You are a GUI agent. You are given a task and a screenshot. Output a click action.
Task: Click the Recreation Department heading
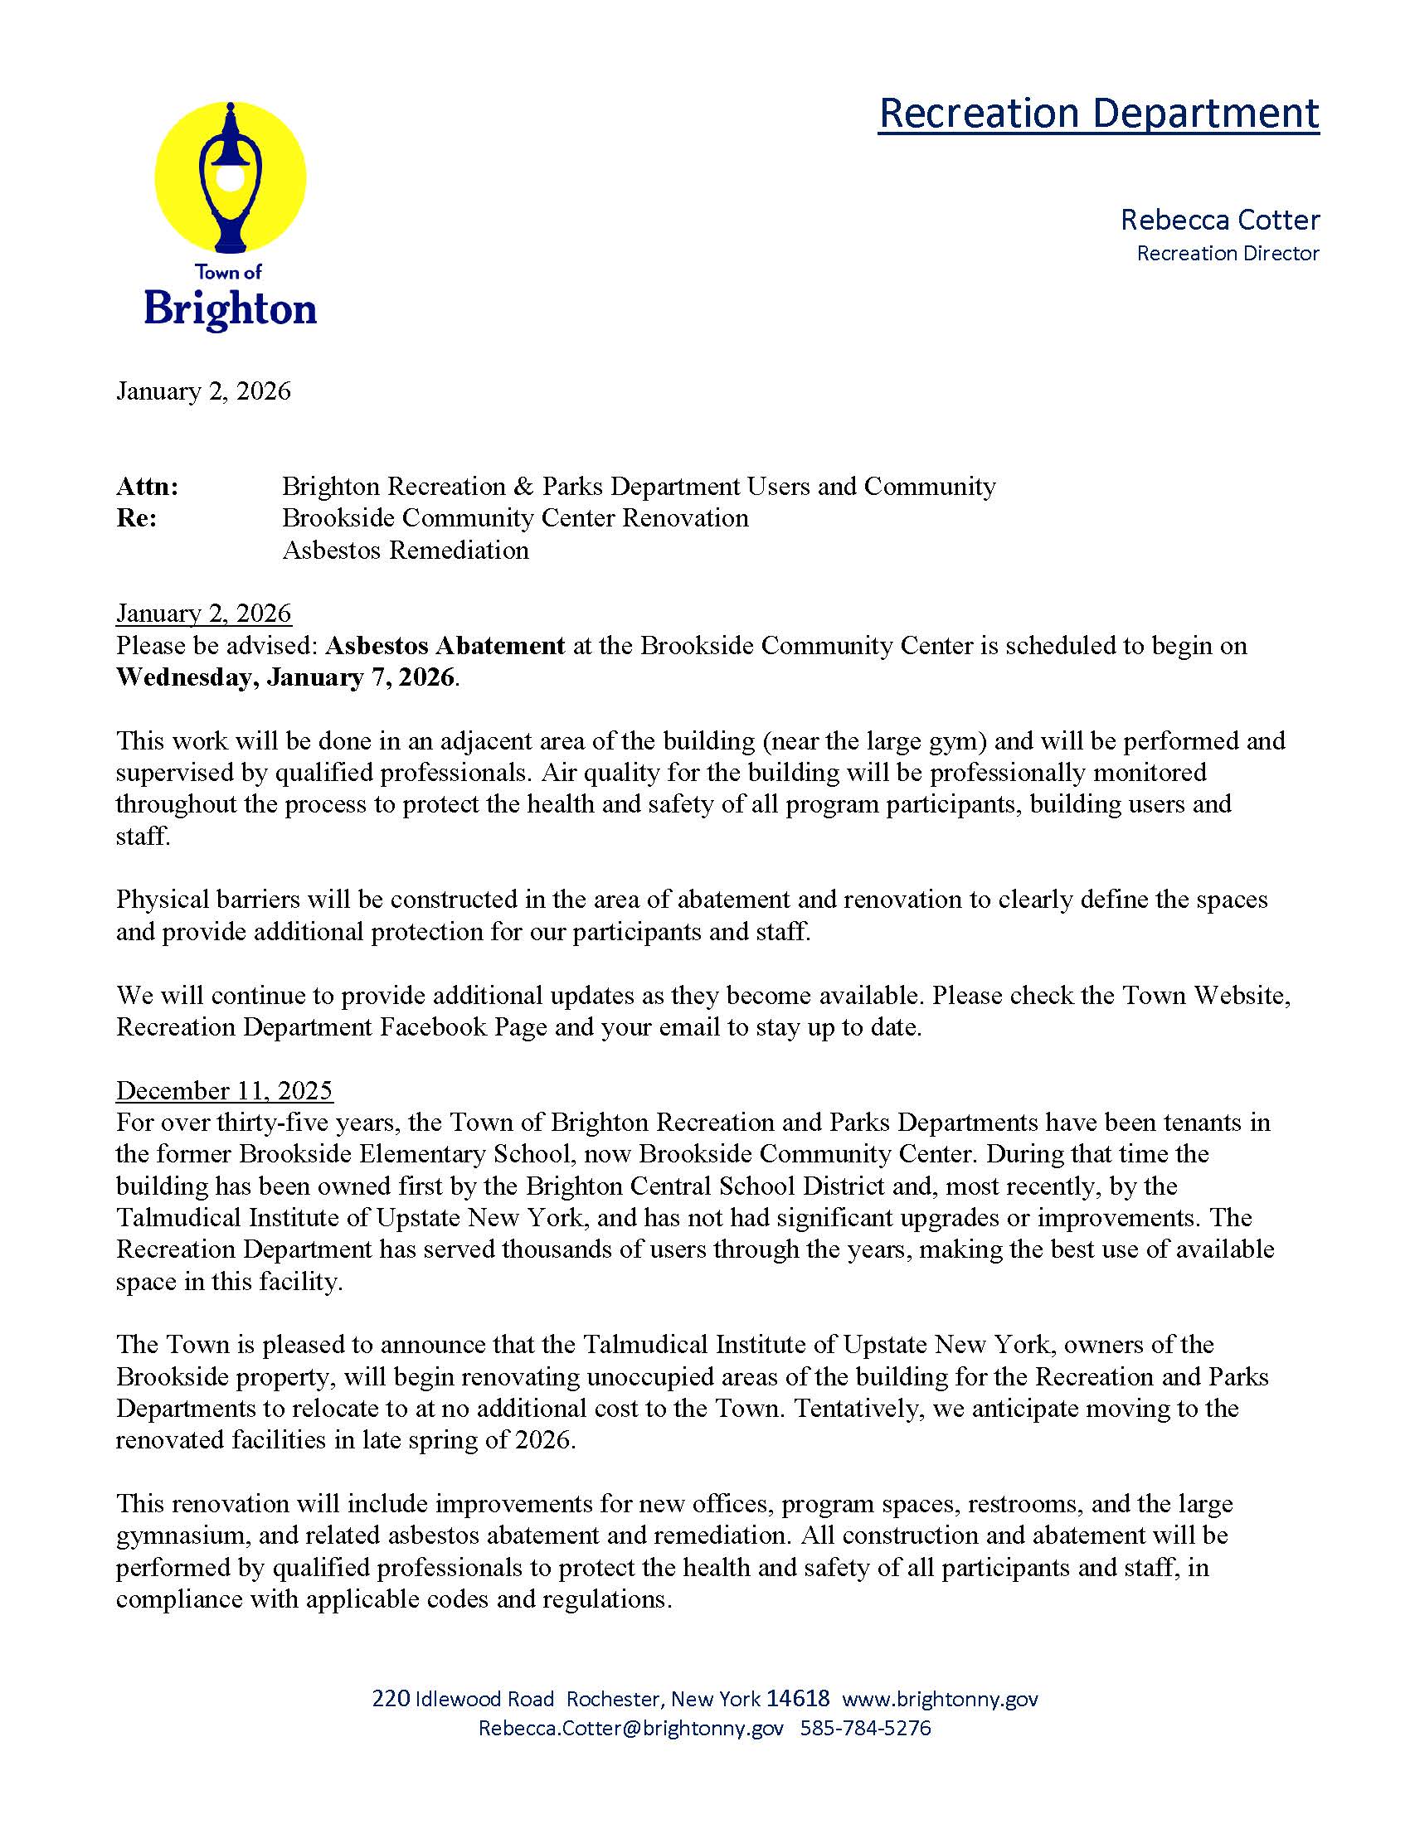click(x=1098, y=113)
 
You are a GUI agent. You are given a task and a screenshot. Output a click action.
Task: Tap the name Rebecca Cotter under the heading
click(x=1219, y=220)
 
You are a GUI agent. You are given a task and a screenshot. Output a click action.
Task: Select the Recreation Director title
click(x=1227, y=253)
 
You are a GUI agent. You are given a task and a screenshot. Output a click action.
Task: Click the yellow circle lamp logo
click(x=231, y=177)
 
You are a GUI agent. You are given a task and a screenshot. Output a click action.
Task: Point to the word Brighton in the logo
click(x=231, y=308)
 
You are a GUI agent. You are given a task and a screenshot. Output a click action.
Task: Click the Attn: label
click(x=147, y=486)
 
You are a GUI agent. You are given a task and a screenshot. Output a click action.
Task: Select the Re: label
click(x=137, y=518)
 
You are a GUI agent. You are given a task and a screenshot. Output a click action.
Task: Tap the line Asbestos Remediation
click(x=405, y=551)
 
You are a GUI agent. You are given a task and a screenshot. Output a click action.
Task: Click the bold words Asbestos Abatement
click(x=445, y=646)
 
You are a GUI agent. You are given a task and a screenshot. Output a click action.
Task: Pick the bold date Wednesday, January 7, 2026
click(x=285, y=677)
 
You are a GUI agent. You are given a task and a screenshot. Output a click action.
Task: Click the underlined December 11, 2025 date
click(x=224, y=1091)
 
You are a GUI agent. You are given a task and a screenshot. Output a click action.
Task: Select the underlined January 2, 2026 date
click(x=204, y=614)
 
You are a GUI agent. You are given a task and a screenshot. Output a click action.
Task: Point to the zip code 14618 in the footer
click(x=798, y=1699)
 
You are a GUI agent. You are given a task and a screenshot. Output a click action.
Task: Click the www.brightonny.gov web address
click(x=940, y=1699)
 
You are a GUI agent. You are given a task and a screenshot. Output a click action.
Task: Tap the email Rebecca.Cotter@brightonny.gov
click(x=630, y=1728)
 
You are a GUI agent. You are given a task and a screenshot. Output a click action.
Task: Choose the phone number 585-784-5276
click(x=864, y=1728)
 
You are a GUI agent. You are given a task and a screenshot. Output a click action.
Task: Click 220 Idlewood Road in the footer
click(x=463, y=1699)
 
